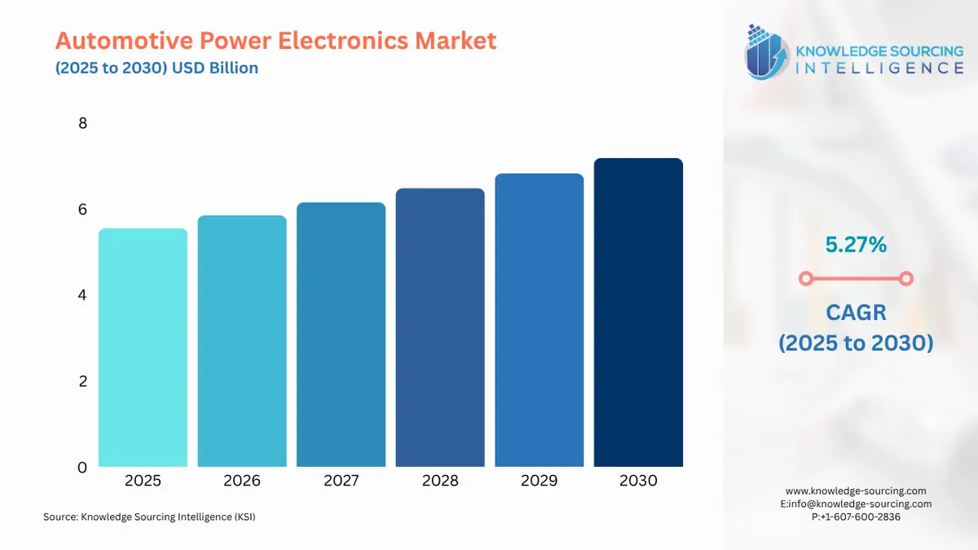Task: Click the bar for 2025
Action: tap(143, 348)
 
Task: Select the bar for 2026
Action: tap(242, 341)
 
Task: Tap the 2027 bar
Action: tap(341, 335)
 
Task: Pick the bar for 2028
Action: tap(440, 328)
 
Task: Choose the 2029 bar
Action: tap(539, 320)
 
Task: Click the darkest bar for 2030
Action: tap(638, 313)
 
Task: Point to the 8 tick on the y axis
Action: tap(82, 124)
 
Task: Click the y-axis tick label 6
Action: tap(82, 209)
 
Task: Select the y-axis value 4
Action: tap(82, 295)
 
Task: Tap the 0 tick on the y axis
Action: tap(82, 468)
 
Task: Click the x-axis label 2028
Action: tap(440, 481)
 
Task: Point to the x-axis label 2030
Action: tap(638, 481)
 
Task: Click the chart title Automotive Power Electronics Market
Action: tap(275, 41)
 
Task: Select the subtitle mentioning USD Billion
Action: tap(156, 68)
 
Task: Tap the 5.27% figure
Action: tap(855, 244)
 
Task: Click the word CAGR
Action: tap(855, 312)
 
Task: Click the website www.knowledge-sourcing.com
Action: tap(856, 491)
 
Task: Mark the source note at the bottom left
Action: tap(149, 517)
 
